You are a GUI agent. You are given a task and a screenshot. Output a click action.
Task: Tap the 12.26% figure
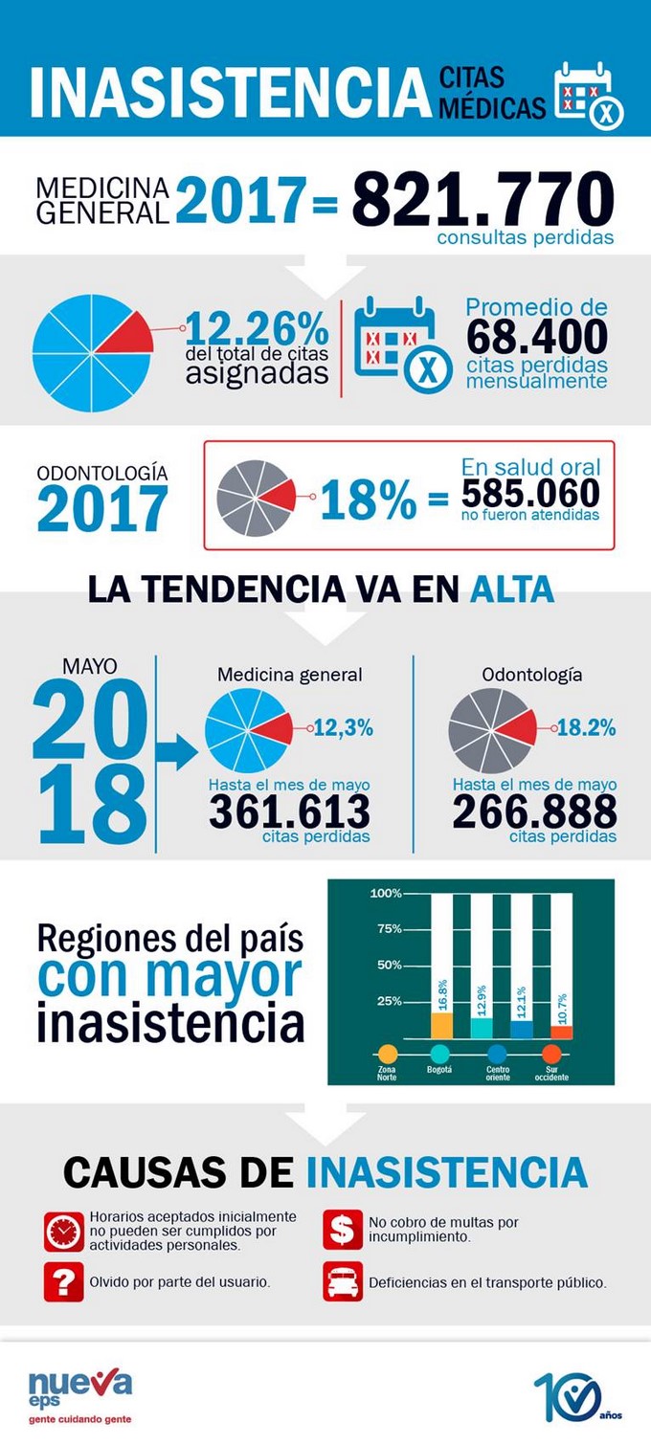pyautogui.click(x=257, y=330)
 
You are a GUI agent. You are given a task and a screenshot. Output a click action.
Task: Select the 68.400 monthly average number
pyautogui.click(x=537, y=337)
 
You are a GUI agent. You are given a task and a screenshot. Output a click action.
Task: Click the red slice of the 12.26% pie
pyautogui.click(x=131, y=333)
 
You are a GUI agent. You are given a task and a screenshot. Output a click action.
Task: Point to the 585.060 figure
pyautogui.click(x=530, y=494)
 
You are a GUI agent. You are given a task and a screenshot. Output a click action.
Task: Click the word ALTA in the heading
pyautogui.click(x=512, y=589)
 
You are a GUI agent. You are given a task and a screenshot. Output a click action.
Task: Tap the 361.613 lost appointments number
pyautogui.click(x=289, y=812)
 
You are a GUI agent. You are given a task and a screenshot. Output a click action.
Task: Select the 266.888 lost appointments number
pyautogui.click(x=534, y=812)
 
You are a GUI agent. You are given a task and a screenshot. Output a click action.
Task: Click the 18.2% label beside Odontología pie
pyautogui.click(x=586, y=728)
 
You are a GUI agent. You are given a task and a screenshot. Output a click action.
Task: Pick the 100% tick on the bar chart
pyautogui.click(x=386, y=893)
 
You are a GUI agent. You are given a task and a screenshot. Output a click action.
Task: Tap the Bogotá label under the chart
pyautogui.click(x=439, y=1068)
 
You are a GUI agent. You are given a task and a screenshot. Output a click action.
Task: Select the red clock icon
pyautogui.click(x=64, y=1232)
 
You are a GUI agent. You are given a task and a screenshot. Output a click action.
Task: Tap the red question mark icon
pyautogui.click(x=64, y=1281)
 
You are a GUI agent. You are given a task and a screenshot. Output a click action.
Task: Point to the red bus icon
pyautogui.click(x=342, y=1281)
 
